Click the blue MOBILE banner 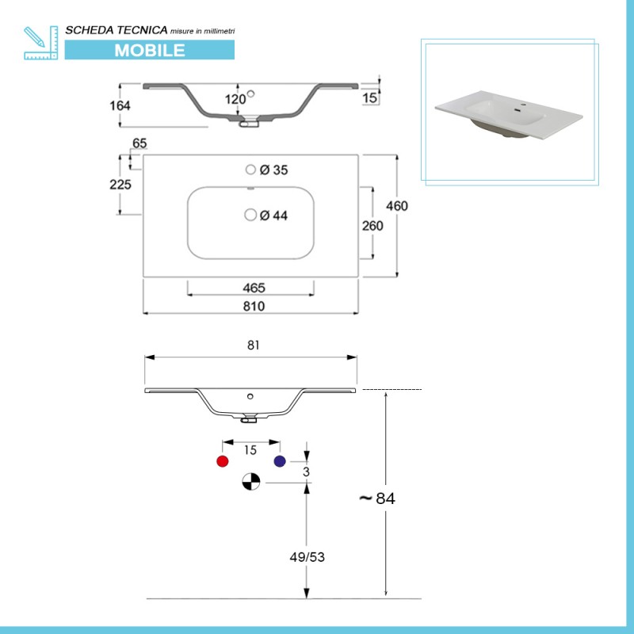tap(150, 50)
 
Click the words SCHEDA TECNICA tap(116, 29)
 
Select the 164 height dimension tap(120, 105)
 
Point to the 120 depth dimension tap(235, 99)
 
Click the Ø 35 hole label tap(273, 170)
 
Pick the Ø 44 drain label tap(273, 215)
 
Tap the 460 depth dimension tap(396, 206)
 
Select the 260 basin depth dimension tap(372, 226)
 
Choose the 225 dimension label tap(120, 184)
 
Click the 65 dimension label tap(139, 143)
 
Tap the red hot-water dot tap(223, 461)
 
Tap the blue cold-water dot tap(279, 461)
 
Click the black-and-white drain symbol tap(250, 481)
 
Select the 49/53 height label tap(306, 557)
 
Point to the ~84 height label tap(377, 498)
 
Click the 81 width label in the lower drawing tap(254, 346)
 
